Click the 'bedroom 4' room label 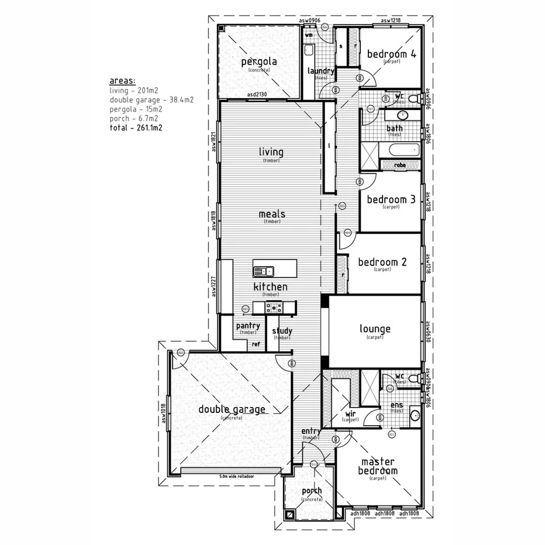(391, 54)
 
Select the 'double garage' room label (232, 409)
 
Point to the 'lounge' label (375, 329)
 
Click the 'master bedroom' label (378, 466)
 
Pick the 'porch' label (312, 491)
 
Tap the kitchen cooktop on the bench (273, 307)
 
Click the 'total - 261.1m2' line (135, 127)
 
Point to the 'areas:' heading (122, 81)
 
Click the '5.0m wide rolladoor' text (237, 477)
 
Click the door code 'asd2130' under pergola (257, 94)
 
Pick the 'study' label (282, 331)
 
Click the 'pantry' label (248, 326)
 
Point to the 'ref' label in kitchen (256, 344)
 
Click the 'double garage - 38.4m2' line (151, 100)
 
